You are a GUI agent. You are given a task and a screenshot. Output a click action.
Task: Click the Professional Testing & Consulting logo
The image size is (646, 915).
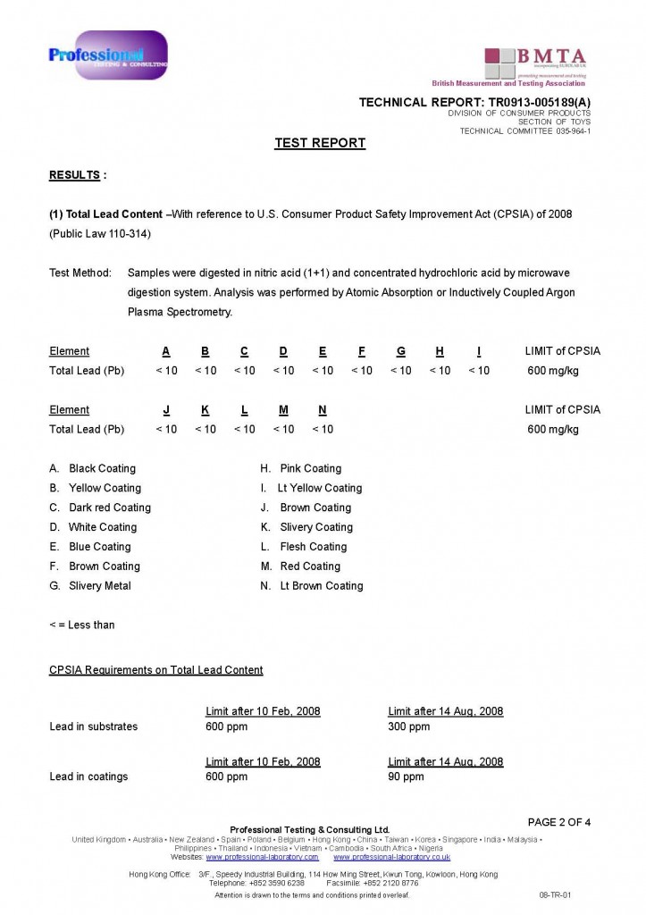pyautogui.click(x=107, y=55)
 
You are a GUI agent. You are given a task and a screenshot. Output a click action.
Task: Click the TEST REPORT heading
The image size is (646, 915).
pyautogui.click(x=320, y=143)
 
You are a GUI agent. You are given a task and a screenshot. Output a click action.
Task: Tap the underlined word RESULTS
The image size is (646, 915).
pyautogui.click(x=74, y=175)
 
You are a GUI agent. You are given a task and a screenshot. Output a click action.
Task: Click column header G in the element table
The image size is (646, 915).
pyautogui.click(x=401, y=351)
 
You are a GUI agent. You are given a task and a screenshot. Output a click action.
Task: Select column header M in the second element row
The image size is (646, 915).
pyautogui.click(x=283, y=410)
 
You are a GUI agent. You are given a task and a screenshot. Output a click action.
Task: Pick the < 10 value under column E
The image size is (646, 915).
pyautogui.click(x=323, y=371)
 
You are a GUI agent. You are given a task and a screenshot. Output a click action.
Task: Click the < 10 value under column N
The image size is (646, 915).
pyautogui.click(x=323, y=430)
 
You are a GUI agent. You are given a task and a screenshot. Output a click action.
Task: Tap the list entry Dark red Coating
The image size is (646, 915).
pyautogui.click(x=109, y=508)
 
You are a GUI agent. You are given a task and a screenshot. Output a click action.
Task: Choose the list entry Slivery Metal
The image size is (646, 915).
pyautogui.click(x=99, y=586)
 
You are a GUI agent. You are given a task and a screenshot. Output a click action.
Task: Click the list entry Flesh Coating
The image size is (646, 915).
pyautogui.click(x=313, y=547)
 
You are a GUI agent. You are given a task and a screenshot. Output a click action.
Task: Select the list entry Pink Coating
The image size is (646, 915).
pyautogui.click(x=310, y=468)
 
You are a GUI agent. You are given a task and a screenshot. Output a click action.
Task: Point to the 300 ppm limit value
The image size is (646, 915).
pyautogui.click(x=408, y=726)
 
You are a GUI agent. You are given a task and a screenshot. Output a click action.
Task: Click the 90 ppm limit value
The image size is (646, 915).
pyautogui.click(x=406, y=776)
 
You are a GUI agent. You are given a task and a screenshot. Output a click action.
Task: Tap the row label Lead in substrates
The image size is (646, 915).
pyautogui.click(x=94, y=726)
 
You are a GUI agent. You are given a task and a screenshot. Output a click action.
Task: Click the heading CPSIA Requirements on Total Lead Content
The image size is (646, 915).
pyautogui.click(x=156, y=670)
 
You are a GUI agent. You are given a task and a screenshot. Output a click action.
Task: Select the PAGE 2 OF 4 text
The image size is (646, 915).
pyautogui.click(x=559, y=822)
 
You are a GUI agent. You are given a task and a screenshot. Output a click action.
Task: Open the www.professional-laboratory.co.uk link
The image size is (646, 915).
pyautogui.click(x=391, y=857)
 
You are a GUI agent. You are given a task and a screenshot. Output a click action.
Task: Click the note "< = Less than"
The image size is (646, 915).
pyautogui.click(x=82, y=625)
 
